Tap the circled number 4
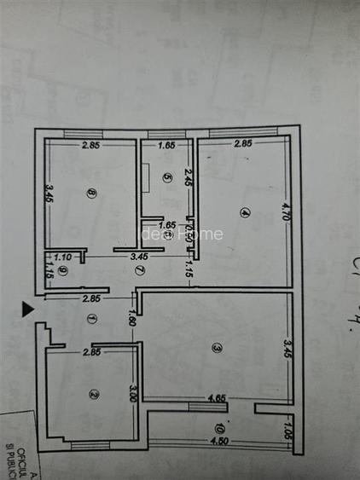coord(245,213)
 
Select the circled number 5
coord(167,178)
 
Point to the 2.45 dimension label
coord(188,178)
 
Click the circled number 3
coord(217,347)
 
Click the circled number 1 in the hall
coord(92,318)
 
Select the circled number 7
coord(139,270)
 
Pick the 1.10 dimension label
coord(62,256)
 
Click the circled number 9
coord(62,271)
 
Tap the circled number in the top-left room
coord(91,193)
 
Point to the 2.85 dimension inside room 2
coord(90,352)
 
